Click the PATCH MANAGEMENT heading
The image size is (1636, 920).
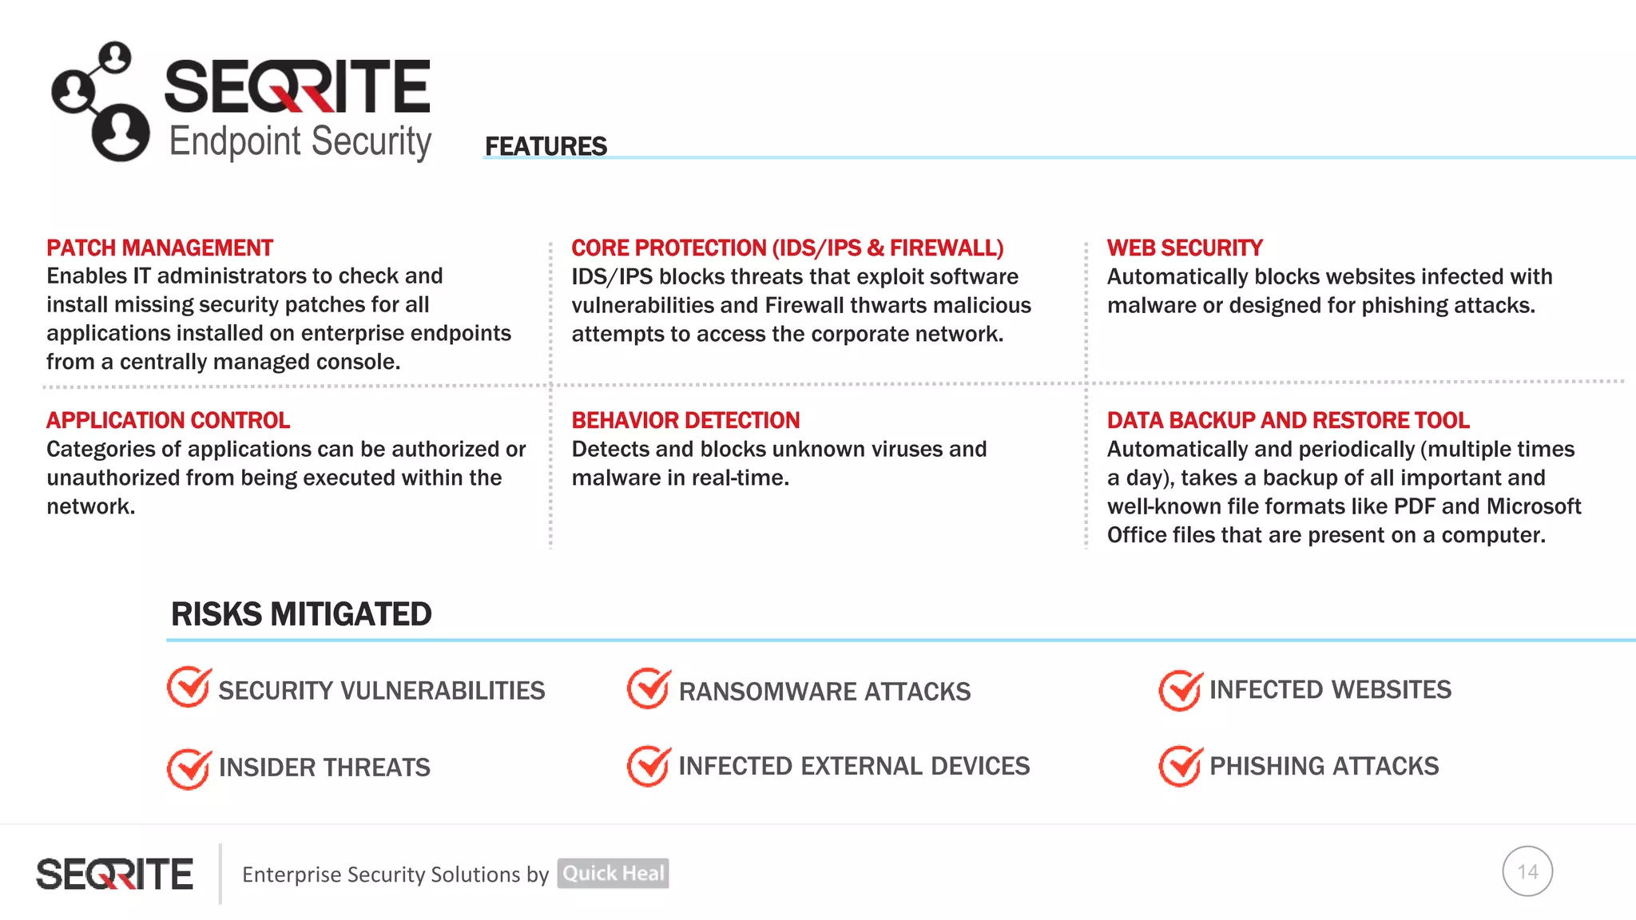coord(160,248)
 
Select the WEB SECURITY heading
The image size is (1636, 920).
coord(1185,248)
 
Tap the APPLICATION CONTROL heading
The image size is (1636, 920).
coord(168,421)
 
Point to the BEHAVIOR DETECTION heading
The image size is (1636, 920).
coord(685,421)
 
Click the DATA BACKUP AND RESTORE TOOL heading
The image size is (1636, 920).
coord(1288,421)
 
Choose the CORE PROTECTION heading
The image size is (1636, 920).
coord(787,248)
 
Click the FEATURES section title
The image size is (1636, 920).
coord(546,147)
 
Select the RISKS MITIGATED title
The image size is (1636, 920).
coord(301,615)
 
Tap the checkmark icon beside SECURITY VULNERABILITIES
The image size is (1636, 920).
coord(189,688)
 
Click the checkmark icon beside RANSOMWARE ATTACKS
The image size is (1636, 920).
coord(649,688)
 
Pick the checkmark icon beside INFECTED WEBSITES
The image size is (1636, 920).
coord(1180,690)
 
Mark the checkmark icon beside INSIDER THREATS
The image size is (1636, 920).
coord(189,768)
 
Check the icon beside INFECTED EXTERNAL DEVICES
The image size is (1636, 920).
coord(649,767)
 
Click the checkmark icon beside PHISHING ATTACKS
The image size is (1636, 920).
coord(1180,767)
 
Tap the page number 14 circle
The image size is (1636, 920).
coord(1527,871)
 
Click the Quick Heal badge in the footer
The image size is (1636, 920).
coord(613,874)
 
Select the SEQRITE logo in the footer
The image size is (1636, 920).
coord(114,874)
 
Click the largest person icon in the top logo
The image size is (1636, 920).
coord(121,132)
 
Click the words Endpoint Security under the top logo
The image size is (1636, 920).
coord(300,142)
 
